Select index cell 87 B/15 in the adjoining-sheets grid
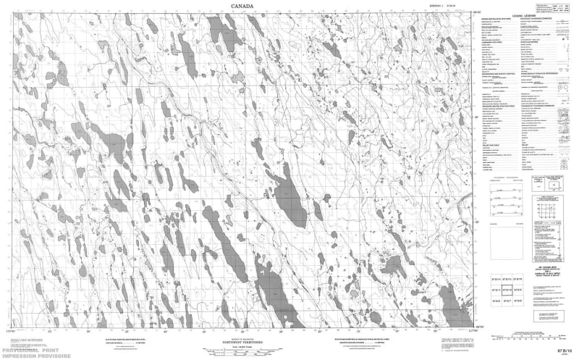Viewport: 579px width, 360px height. (x=507, y=277)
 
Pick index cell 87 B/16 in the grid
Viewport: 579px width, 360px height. (x=518, y=277)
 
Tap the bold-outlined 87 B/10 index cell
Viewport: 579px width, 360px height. (x=507, y=288)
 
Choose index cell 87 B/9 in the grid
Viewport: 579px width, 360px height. (x=518, y=288)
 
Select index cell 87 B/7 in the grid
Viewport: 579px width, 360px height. (x=507, y=299)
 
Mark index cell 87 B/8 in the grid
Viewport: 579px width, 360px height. (x=518, y=299)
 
